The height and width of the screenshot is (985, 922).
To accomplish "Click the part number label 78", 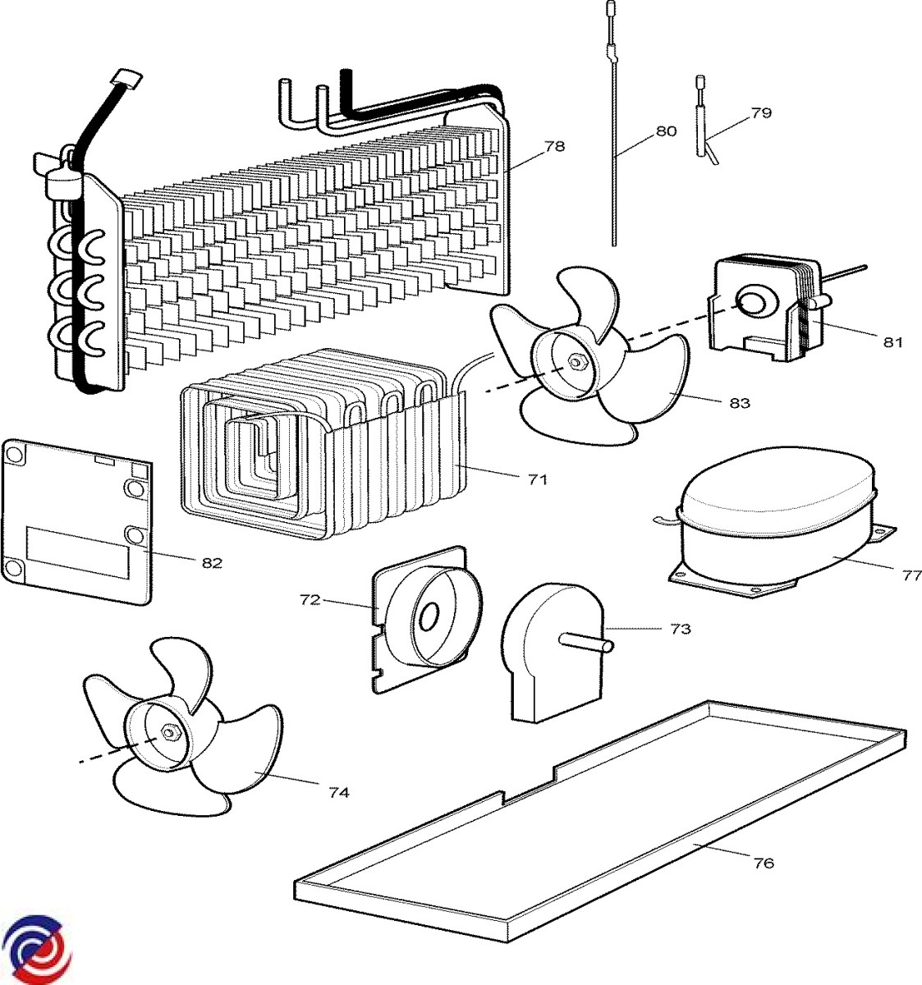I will click(555, 147).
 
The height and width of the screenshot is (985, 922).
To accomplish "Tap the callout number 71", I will click(537, 479).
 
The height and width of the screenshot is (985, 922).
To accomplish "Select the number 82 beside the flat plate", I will click(212, 563).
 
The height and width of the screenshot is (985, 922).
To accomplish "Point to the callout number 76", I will click(764, 863).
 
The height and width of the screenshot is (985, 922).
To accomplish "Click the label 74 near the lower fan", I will click(339, 792).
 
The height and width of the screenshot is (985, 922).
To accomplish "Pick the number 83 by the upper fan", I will click(739, 403).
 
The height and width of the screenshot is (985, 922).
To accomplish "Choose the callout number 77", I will click(911, 575).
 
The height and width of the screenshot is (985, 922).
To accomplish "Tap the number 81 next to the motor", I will click(892, 342).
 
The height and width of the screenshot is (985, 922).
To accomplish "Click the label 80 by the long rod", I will click(666, 131).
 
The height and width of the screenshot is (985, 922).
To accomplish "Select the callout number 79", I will click(761, 112).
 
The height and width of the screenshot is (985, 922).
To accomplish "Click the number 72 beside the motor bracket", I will click(310, 600).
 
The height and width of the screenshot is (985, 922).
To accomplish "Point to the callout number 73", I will click(680, 629).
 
